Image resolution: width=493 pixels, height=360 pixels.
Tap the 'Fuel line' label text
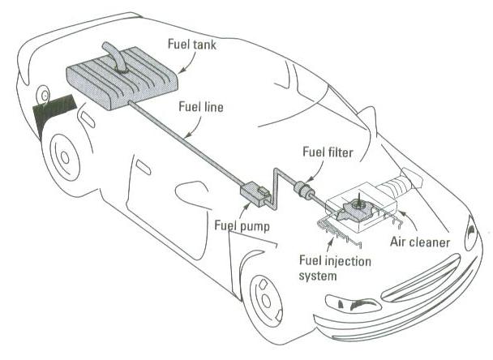coord(202,105)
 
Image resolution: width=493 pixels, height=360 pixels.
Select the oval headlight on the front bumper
coord(348,306)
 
